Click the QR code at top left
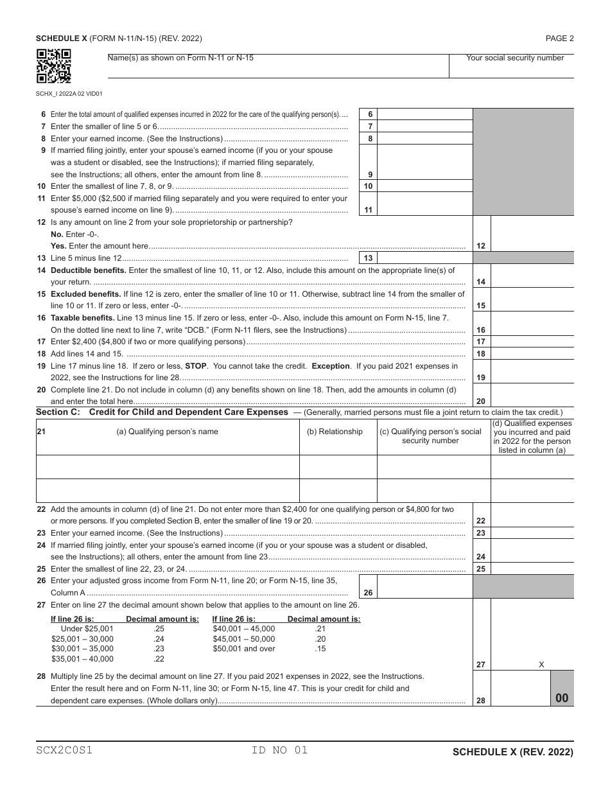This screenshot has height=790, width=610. point(53,66)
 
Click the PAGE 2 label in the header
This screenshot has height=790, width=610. point(559,39)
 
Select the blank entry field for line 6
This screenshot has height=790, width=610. point(425,114)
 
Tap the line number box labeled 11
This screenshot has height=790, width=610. point(368,209)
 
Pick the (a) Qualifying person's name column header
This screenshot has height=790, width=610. point(167,432)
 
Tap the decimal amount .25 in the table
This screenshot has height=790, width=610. point(159,629)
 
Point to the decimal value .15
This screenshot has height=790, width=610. point(320,649)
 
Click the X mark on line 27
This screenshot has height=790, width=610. point(541,665)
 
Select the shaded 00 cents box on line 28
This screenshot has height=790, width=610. point(562,698)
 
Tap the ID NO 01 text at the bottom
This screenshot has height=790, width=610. point(281,750)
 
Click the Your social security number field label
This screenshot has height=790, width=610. point(515,58)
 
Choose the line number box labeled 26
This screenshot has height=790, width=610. point(368,593)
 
